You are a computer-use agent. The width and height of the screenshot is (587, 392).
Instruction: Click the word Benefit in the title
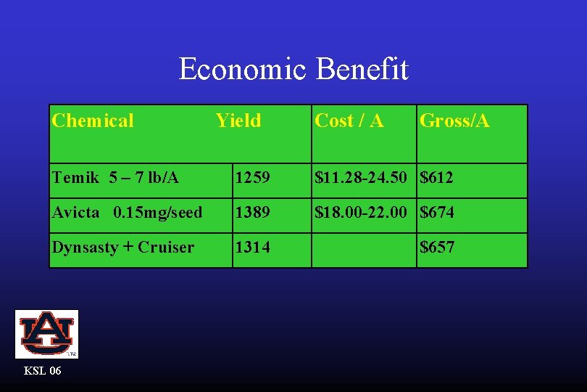[x=362, y=70]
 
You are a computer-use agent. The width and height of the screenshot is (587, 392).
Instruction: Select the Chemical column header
[x=93, y=121]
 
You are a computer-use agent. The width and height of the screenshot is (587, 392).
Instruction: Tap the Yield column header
[x=238, y=121]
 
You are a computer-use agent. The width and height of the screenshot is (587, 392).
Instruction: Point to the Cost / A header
[x=349, y=121]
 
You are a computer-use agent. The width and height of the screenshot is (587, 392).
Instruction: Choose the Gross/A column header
[x=454, y=121]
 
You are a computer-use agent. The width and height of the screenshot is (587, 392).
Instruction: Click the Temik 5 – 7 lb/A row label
[x=115, y=177]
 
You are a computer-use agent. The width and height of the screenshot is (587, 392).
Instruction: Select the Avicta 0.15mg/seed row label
[x=127, y=212]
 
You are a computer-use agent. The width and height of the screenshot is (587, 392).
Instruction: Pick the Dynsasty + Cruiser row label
[x=122, y=247]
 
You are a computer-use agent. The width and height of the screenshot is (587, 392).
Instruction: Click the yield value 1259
[x=251, y=177]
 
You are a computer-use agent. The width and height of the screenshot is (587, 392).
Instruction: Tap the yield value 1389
[x=251, y=212]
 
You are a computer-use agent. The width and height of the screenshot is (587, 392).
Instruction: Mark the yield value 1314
[x=251, y=247]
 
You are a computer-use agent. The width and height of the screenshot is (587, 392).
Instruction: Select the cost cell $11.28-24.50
[x=364, y=177]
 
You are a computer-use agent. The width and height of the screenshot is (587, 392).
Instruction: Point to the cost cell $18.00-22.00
[x=364, y=212]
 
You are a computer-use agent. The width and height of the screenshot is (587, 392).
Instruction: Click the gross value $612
[x=437, y=177]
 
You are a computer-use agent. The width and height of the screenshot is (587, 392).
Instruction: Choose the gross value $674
[x=437, y=212]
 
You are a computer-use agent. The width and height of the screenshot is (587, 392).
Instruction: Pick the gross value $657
[x=437, y=247]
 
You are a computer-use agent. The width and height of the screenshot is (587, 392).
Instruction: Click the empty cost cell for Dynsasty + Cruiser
[x=364, y=250]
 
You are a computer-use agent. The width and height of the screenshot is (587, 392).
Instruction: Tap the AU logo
[x=46, y=334]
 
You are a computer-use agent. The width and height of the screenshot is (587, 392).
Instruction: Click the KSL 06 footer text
[x=43, y=371]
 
